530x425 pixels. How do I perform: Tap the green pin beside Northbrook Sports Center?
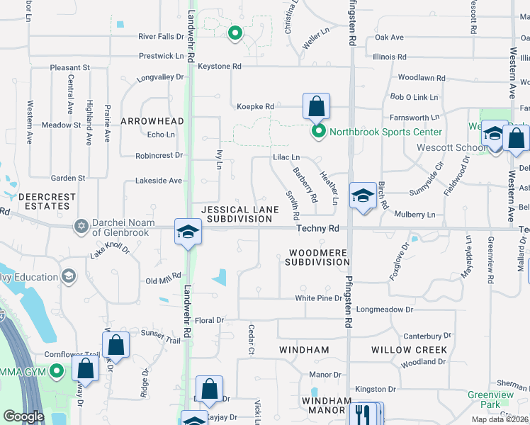tap(319, 131)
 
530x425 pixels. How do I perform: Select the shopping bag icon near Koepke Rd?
tap(316, 108)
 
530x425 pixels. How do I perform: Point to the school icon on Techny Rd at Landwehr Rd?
tap(188, 232)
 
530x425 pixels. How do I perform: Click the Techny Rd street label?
tap(318, 229)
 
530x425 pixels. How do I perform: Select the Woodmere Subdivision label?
tap(317, 257)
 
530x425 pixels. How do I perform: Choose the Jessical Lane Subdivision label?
tap(237, 215)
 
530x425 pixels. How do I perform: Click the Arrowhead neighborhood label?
tap(152, 121)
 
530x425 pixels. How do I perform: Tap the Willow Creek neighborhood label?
tap(409, 350)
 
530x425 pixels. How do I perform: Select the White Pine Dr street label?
tap(318, 298)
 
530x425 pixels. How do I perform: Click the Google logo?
tap(24, 416)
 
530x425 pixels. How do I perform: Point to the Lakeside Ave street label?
tap(159, 181)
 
